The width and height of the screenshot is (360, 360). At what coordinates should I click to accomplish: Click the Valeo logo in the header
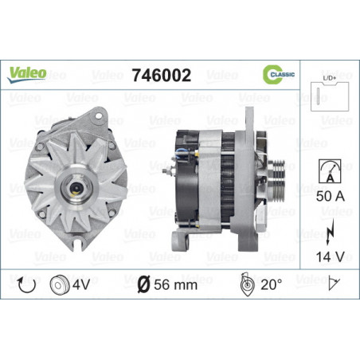(x=27, y=74)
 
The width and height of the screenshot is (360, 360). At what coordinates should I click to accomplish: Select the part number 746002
(x=162, y=75)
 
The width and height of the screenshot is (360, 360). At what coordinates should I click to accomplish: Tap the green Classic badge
(x=279, y=74)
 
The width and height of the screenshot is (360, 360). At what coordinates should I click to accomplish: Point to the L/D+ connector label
(x=330, y=78)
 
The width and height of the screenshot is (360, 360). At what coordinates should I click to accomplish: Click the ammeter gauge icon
(x=330, y=171)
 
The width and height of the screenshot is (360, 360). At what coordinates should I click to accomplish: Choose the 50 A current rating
(x=331, y=196)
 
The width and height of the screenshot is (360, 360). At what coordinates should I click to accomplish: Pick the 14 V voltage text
(x=330, y=256)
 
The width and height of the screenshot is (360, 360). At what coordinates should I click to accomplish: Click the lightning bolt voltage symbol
(x=330, y=232)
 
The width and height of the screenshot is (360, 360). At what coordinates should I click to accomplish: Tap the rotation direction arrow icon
(x=26, y=284)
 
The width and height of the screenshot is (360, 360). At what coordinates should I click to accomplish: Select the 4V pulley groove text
(x=81, y=284)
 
